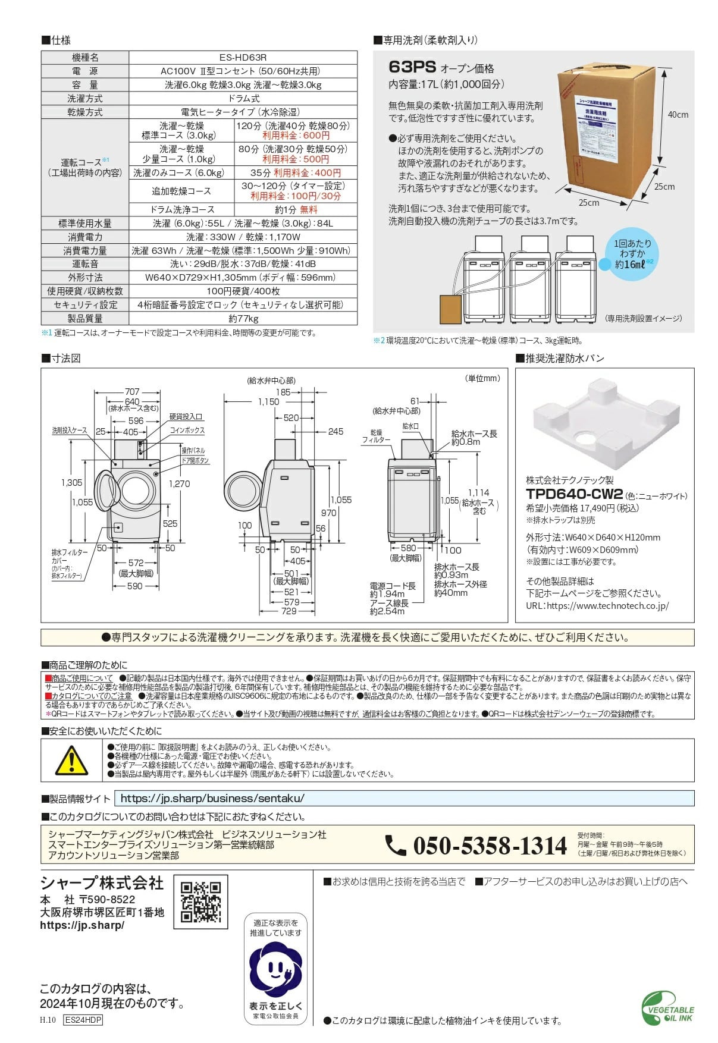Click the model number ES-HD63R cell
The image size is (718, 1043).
point(243,58)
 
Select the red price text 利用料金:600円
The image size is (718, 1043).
point(296,136)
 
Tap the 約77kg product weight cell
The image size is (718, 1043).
point(243,318)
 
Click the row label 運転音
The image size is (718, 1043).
point(85,263)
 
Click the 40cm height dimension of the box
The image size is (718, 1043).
point(677,115)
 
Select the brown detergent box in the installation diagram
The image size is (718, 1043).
point(451,309)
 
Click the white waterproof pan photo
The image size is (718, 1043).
point(605,423)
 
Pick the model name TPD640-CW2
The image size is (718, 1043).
point(574,494)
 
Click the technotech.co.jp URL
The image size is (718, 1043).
point(597,605)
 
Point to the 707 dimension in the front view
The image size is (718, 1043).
point(132,392)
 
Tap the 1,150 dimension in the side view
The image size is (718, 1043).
point(268,402)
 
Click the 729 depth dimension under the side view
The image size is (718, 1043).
point(289,611)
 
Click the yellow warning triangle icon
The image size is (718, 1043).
point(71,761)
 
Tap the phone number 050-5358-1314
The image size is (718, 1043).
point(490,846)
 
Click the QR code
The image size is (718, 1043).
point(200,901)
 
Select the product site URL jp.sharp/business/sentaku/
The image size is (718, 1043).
point(212,799)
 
